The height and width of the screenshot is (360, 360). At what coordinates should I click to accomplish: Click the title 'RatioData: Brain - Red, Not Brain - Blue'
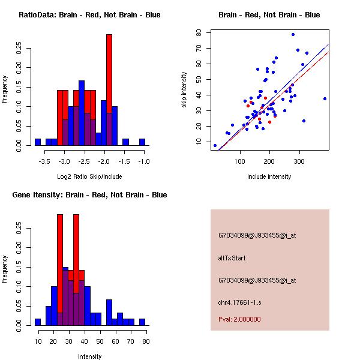click(89, 15)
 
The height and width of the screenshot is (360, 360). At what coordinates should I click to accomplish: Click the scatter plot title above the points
click(269, 15)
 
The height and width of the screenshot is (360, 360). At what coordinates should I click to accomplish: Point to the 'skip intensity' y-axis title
click(185, 90)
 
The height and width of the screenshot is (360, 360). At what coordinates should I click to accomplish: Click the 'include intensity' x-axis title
click(269, 176)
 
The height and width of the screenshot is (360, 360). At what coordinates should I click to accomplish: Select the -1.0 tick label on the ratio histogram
click(144, 162)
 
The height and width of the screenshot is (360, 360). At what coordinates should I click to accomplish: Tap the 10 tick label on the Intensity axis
click(38, 342)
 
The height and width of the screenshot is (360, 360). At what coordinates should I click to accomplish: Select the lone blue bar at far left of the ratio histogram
click(38, 142)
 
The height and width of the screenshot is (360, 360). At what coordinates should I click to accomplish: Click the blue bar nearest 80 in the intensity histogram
click(142, 322)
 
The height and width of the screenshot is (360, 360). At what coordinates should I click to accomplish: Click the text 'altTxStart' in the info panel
click(231, 258)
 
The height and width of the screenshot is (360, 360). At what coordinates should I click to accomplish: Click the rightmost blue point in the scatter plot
click(325, 98)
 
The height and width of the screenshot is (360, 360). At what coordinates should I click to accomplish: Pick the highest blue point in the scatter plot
click(293, 34)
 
